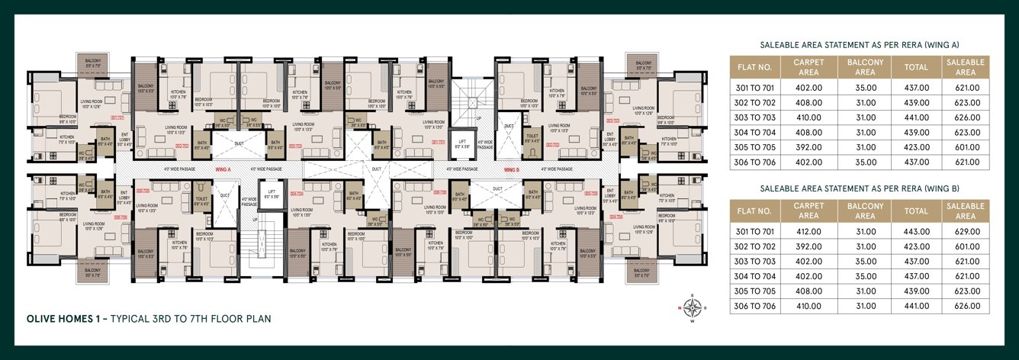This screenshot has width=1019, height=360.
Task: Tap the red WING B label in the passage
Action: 510,169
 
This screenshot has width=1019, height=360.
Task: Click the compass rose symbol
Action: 693,308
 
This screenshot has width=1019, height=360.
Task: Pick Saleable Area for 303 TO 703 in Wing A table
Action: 965,117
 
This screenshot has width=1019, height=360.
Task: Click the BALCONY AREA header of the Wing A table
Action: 865,67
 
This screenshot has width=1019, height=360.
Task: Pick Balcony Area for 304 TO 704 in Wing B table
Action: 865,276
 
